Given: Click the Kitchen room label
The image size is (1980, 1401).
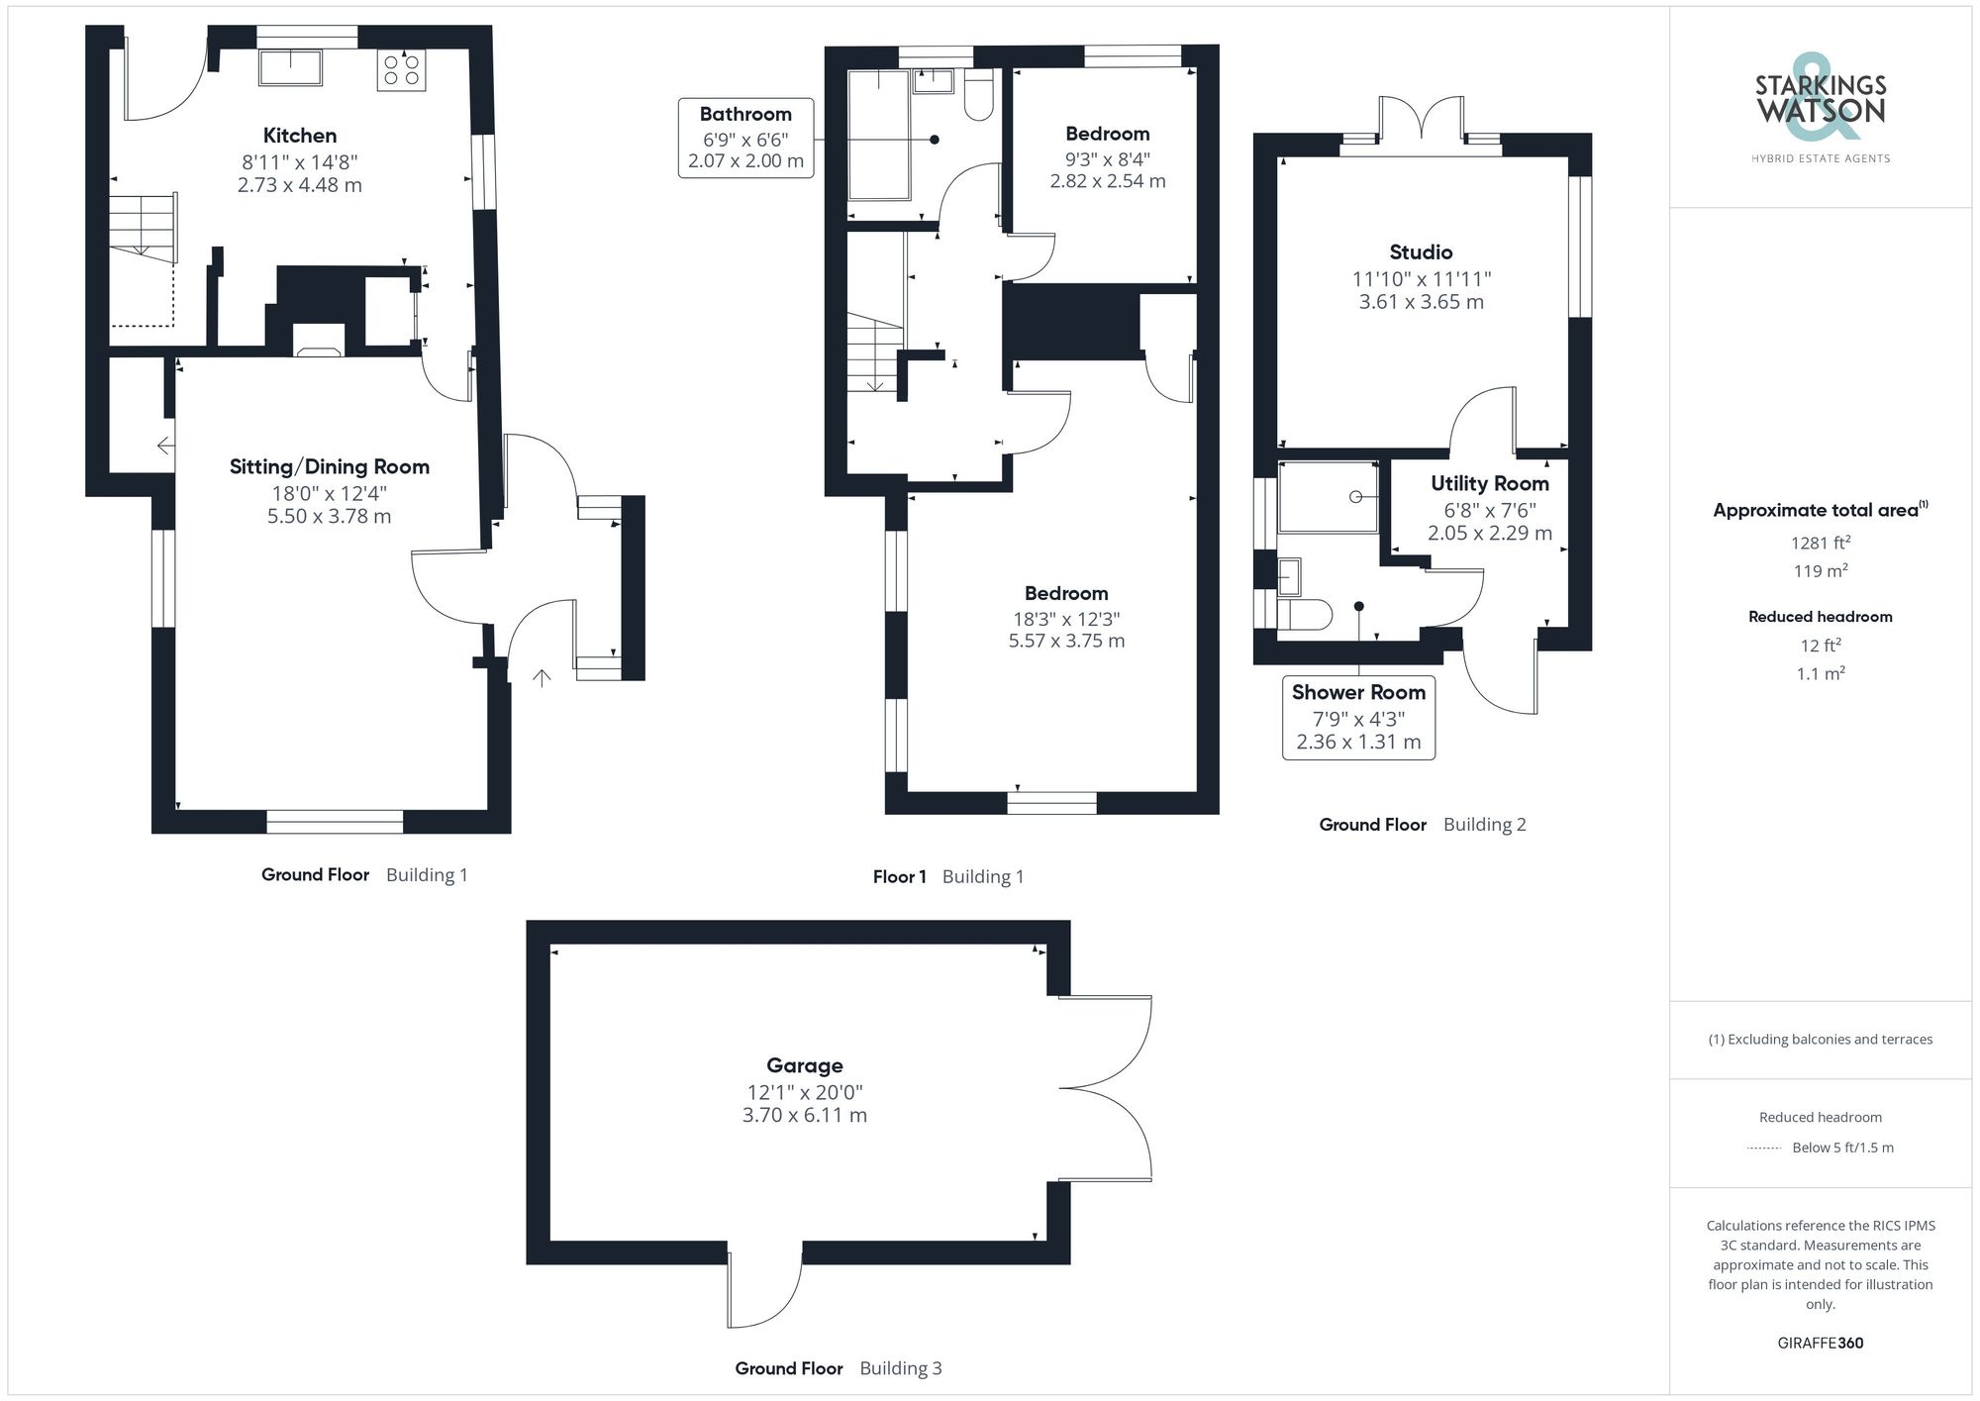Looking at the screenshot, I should click(x=299, y=136).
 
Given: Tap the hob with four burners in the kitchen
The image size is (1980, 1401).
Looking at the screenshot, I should click(x=401, y=69).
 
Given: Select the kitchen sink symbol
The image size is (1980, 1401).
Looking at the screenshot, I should click(x=290, y=67).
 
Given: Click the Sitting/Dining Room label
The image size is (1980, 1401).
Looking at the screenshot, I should click(x=329, y=466).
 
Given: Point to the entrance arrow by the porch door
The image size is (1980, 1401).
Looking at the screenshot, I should click(x=542, y=678).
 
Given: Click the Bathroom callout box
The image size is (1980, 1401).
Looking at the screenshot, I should click(x=745, y=138).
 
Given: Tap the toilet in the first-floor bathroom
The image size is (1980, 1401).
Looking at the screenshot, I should click(x=978, y=95).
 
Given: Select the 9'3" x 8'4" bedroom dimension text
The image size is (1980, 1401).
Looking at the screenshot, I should click(x=1107, y=158).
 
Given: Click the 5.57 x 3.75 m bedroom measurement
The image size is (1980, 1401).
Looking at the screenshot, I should click(x=1066, y=641).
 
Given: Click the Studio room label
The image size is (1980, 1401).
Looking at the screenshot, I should click(x=1421, y=252).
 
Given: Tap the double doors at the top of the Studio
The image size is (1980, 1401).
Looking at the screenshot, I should click(x=1422, y=119).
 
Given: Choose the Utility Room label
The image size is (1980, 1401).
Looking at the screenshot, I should click(x=1489, y=483).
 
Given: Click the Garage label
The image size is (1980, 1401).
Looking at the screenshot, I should click(x=804, y=1065).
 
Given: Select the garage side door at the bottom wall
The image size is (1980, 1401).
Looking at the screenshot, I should click(x=764, y=1292).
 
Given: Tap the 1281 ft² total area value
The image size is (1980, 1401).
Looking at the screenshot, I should click(x=1820, y=543).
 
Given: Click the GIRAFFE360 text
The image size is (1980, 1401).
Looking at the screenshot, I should click(x=1820, y=1343).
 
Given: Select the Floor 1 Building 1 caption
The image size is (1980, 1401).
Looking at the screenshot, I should click(x=947, y=876).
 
